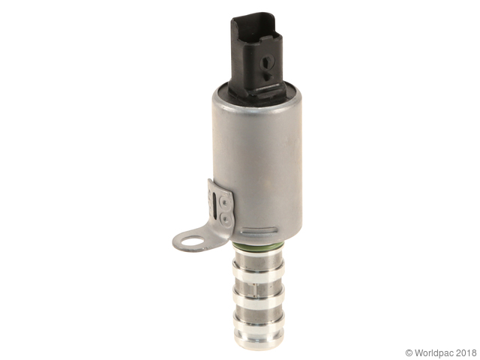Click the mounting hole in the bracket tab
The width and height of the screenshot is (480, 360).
tap(192, 241)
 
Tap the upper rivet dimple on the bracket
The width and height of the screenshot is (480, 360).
tap(225, 202)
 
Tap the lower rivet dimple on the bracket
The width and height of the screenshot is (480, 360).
tap(226, 218)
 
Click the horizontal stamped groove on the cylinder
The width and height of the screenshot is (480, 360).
tap(259, 230)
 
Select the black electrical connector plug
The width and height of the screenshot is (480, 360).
tap(257, 55)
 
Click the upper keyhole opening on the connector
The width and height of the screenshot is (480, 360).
tap(265, 62)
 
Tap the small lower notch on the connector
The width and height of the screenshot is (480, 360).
tap(267, 76)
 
